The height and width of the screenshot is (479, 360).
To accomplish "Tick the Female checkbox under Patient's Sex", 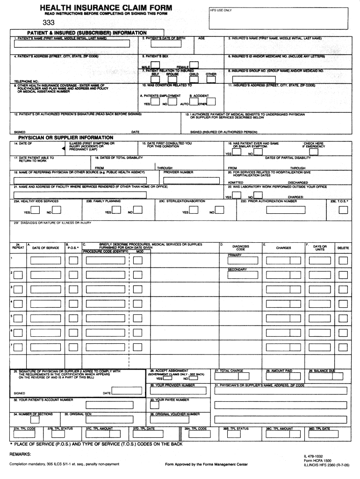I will pyautogui.click(x=194, y=65).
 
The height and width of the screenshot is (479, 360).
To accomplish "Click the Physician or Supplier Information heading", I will pyautogui.click(x=65, y=138).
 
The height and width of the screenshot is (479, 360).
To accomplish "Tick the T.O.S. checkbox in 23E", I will pyautogui.click(x=343, y=210).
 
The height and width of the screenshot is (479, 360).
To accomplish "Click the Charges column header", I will pyautogui.click(x=283, y=248).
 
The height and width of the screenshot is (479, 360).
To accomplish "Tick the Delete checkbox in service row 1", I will pyautogui.click(x=343, y=261).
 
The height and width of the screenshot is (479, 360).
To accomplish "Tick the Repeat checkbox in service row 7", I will pyautogui.click(x=17, y=348).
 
